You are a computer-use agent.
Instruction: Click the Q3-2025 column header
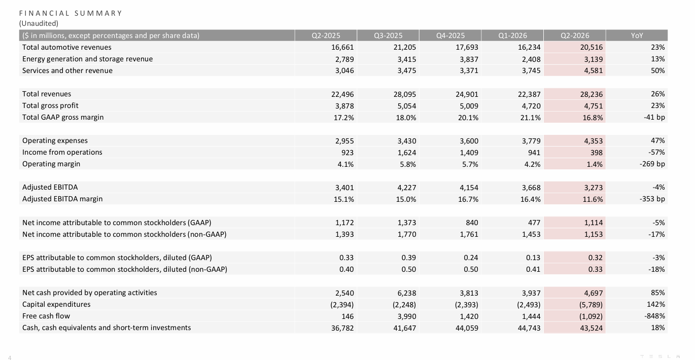(x=388, y=35)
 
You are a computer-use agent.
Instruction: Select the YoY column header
(x=637, y=35)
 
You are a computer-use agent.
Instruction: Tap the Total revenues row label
(x=47, y=94)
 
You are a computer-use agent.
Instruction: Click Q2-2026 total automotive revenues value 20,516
(x=592, y=47)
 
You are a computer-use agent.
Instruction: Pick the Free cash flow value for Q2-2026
(x=590, y=316)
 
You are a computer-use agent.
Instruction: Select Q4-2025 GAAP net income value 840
(x=472, y=223)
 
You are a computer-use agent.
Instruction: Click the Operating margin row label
(x=51, y=164)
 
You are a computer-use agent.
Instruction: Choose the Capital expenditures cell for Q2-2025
(x=342, y=305)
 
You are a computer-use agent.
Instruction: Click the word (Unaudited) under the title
(x=39, y=23)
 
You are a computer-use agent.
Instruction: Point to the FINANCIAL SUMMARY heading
(x=71, y=13)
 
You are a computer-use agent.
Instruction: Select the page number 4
(x=10, y=357)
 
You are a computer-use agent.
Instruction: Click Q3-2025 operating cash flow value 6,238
(x=405, y=293)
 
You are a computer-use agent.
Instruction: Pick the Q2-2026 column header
(x=575, y=35)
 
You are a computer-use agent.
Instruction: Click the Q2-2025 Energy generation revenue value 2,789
(x=344, y=59)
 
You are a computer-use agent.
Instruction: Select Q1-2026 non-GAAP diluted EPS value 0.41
(x=533, y=269)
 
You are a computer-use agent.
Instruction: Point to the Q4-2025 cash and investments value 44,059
(x=467, y=328)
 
